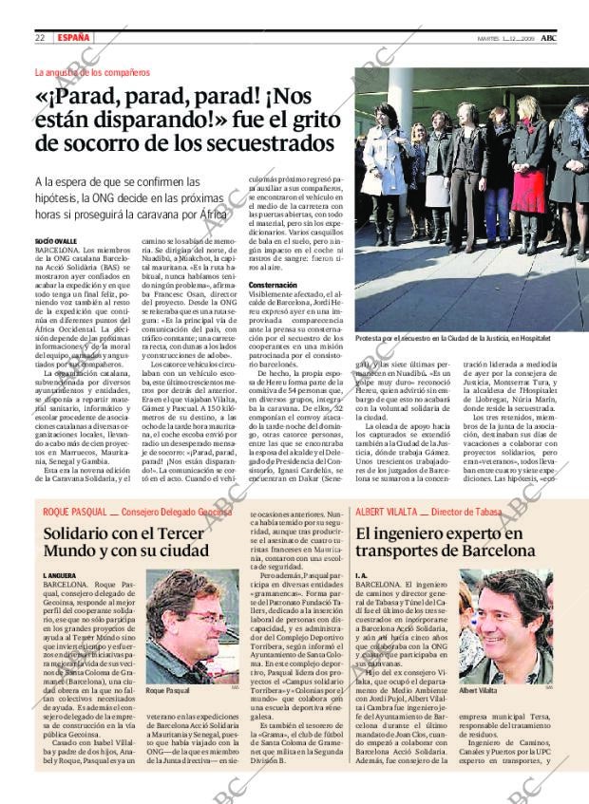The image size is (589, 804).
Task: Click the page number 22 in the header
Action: (x=40, y=37)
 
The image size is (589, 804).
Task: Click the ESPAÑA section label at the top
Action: (x=74, y=37)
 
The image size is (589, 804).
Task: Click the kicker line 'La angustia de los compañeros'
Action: (x=92, y=72)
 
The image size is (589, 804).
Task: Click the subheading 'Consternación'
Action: (x=274, y=285)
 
